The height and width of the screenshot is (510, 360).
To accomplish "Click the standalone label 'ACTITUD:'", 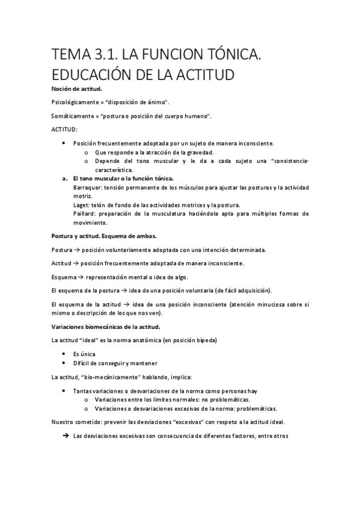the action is (x=64, y=129).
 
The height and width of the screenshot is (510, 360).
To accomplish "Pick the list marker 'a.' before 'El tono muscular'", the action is (x=64, y=179).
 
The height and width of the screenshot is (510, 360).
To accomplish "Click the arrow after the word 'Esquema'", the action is (x=80, y=277).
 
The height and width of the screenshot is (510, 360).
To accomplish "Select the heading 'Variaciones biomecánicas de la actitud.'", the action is (x=106, y=327).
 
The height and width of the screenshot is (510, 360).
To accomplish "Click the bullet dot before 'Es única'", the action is (x=64, y=354).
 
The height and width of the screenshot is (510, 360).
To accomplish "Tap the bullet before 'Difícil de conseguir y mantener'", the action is (x=64, y=363).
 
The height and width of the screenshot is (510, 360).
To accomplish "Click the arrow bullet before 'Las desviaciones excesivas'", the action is (x=64, y=436).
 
